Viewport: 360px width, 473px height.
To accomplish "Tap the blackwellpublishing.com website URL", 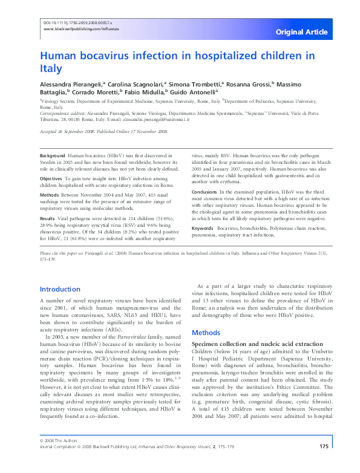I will pyautogui.click(x=79, y=28).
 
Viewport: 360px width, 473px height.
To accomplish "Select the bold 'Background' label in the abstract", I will pyautogui.click(x=53, y=155).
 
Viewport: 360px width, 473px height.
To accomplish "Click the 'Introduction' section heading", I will pyautogui.click(x=60, y=289).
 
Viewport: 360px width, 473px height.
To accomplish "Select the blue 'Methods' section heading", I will pyautogui.click(x=206, y=333).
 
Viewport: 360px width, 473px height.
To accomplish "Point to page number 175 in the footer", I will pyautogui.click(x=323, y=464).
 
